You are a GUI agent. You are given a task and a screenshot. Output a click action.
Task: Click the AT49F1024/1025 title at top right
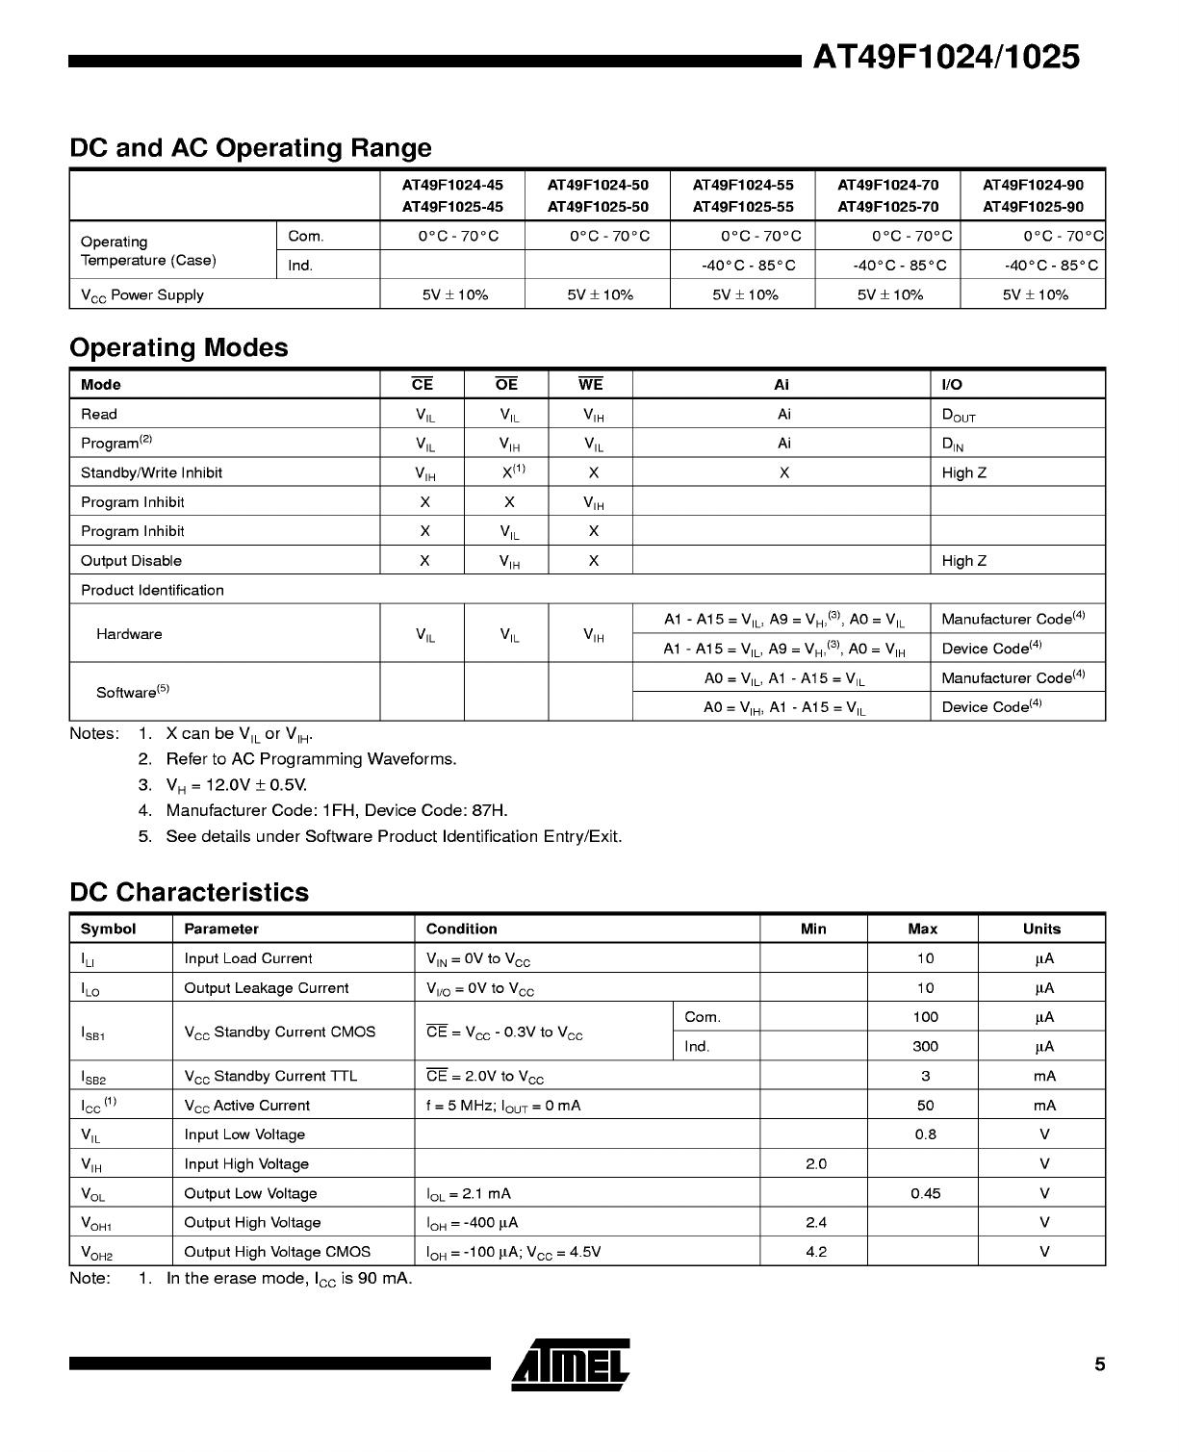[946, 58]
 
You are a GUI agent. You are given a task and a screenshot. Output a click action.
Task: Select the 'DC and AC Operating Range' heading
[250, 148]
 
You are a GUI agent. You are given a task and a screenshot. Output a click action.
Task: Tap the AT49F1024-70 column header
[887, 185]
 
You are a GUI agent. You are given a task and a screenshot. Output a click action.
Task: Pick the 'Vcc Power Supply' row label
[142, 295]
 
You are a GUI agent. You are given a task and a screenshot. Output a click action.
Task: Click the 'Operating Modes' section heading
[179, 347]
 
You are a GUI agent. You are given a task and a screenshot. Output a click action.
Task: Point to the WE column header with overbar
[590, 385]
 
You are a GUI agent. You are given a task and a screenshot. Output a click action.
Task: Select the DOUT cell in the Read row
[959, 416]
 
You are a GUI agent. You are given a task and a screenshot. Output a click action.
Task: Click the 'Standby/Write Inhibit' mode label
[151, 472]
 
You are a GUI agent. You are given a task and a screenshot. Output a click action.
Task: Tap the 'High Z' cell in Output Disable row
[963, 561]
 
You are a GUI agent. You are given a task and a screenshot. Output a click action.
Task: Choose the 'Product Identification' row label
[152, 590]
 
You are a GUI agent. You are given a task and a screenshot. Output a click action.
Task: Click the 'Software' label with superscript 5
[132, 692]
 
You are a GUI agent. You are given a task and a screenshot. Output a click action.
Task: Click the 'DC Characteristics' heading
[190, 892]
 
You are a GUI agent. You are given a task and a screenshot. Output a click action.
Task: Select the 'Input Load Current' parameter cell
[248, 958]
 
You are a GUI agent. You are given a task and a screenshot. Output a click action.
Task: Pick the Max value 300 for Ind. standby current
[925, 1047]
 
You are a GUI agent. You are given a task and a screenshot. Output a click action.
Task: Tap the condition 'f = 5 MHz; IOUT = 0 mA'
[503, 1106]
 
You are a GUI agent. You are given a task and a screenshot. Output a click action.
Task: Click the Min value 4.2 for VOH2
[815, 1252]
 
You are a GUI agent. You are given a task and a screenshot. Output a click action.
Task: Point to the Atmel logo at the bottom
[571, 1364]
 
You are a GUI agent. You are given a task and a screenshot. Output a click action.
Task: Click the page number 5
[1099, 1364]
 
